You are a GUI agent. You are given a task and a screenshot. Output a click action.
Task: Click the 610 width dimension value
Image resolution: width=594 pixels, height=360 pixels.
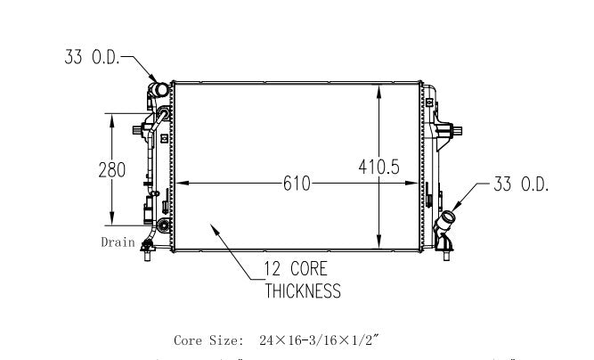[x=297, y=184]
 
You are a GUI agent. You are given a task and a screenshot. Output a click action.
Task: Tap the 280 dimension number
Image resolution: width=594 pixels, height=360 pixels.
[x=111, y=170]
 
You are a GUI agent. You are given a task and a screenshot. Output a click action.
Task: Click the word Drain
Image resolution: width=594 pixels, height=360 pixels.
[x=117, y=241]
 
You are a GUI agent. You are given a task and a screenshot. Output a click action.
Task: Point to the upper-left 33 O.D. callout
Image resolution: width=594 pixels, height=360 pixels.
[x=92, y=58]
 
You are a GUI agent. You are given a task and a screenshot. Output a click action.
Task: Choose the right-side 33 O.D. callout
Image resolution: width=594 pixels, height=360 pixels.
[x=520, y=184]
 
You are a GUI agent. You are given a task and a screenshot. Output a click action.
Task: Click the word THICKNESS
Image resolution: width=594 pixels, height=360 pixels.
[x=302, y=290]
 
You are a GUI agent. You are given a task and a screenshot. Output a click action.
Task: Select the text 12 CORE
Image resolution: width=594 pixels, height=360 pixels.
[x=295, y=268]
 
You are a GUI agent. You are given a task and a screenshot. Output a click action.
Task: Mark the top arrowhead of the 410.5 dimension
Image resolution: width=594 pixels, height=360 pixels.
[x=380, y=87]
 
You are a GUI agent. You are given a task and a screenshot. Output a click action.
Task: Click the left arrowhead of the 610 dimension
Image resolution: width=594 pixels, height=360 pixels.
[x=180, y=184]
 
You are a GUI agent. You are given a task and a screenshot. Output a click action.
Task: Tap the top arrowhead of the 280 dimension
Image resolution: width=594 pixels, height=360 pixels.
[x=111, y=117]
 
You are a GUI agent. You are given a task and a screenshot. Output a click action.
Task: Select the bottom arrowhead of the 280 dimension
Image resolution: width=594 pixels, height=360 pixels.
[x=111, y=224]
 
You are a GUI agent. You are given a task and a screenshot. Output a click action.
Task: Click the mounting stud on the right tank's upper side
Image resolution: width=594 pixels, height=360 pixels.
[x=457, y=133]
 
